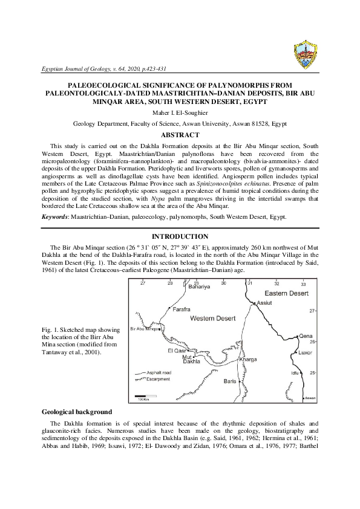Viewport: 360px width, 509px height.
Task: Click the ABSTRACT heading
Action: coord(180,134)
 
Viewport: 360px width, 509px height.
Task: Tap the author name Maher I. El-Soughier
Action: coord(180,112)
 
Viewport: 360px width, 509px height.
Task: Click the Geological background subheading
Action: coord(77,411)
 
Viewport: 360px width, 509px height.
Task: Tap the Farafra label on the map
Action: coord(182,309)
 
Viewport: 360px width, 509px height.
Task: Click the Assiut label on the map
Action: coord(264,302)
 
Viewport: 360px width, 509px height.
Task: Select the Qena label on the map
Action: coord(306,336)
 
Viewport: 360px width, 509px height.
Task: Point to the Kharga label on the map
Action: coord(248,359)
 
